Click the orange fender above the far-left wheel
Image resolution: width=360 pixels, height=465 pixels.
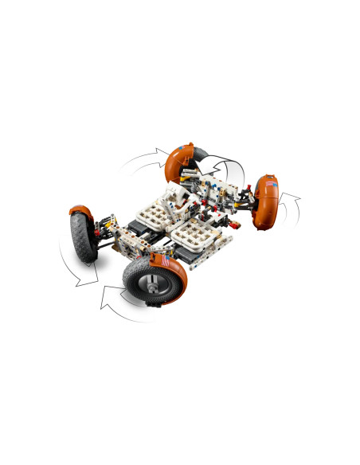tap(79, 212)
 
